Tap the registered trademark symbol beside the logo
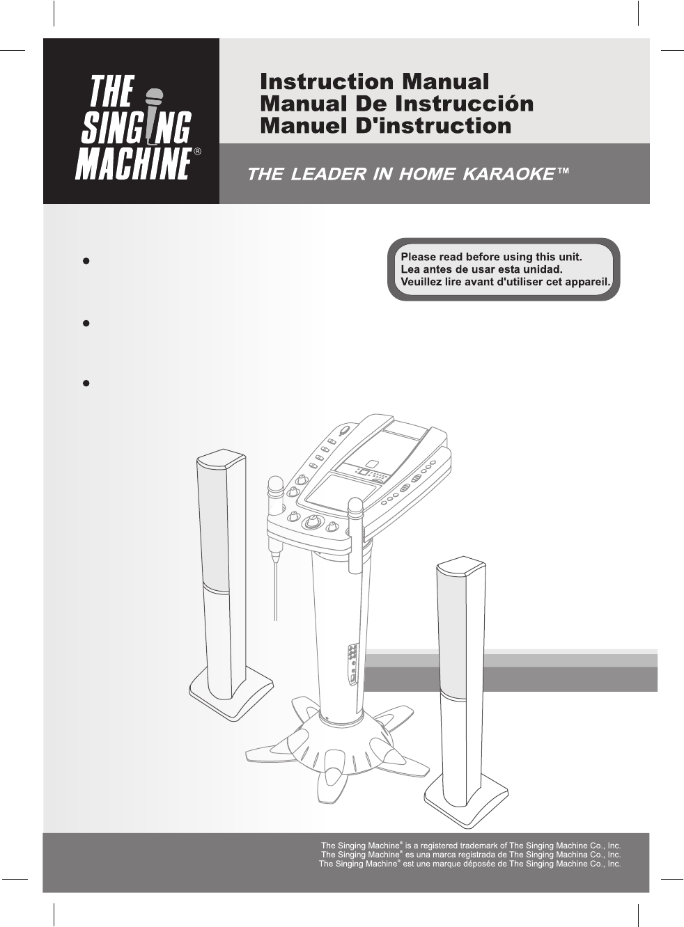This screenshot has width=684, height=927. tap(198, 151)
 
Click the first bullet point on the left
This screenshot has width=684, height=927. tap(86, 261)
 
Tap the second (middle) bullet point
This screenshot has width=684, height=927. tap(86, 323)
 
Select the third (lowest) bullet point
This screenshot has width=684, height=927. tap(86, 383)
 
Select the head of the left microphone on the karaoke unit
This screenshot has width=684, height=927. tap(275, 484)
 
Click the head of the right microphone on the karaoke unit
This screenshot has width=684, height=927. tap(355, 507)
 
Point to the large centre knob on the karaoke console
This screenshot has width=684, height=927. tap(313, 522)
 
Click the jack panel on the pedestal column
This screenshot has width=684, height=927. tap(353, 664)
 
